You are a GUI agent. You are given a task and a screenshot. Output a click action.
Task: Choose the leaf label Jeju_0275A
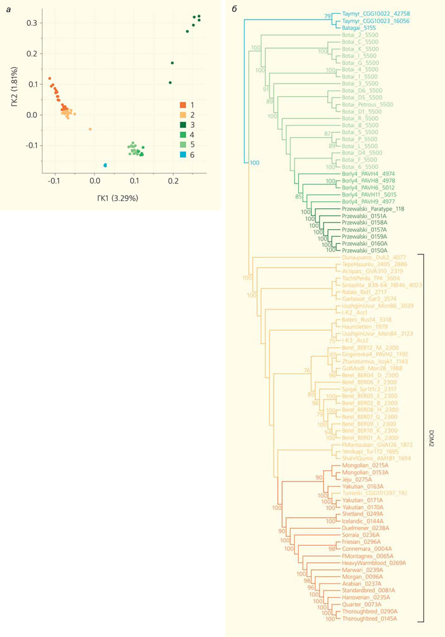coord(355,479)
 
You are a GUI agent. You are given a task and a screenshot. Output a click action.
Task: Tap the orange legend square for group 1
coord(182,104)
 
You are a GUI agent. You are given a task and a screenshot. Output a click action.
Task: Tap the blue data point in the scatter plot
coord(105,165)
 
